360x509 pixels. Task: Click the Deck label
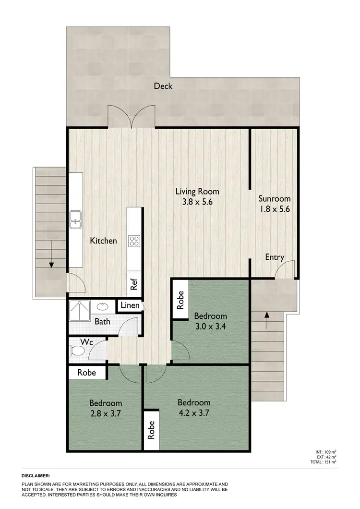tap(163, 86)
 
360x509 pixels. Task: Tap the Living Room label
tap(197, 192)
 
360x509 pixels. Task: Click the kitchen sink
tap(75, 219)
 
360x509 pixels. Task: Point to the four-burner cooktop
tap(134, 241)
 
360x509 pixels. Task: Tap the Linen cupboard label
tap(130, 305)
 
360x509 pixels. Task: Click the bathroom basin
tap(103, 305)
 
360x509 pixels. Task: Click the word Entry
tap(275, 257)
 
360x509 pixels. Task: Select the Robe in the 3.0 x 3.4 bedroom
tap(181, 301)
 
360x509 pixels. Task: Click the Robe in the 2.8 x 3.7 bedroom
tap(87, 372)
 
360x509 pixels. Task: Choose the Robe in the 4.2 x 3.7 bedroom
tap(151, 426)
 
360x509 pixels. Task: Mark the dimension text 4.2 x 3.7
tap(194, 412)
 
